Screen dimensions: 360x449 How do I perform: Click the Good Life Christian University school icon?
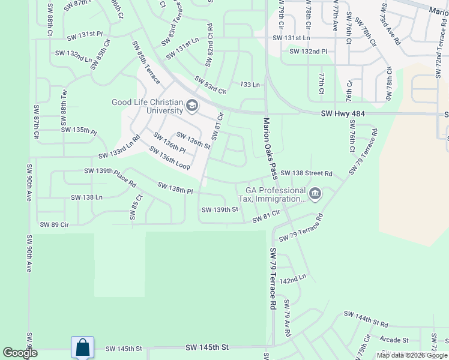coord(192,106)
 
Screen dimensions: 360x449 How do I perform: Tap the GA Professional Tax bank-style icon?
coord(315,194)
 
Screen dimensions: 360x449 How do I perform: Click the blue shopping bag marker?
coord(82,347)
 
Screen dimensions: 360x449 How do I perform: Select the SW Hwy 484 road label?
coord(343,113)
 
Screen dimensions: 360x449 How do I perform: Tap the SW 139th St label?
coord(220,209)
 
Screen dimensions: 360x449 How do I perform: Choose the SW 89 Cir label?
coord(55,224)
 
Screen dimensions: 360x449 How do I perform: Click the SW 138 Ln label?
coord(87,197)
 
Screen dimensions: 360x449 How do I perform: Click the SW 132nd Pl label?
coord(309,52)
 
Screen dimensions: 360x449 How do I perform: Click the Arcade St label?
coord(394,340)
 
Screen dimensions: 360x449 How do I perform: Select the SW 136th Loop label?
coord(170,158)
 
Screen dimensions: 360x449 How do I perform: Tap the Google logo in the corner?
coord(20,353)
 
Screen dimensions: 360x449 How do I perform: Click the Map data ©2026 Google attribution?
coord(412,355)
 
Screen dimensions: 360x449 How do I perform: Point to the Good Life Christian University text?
coord(148,106)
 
